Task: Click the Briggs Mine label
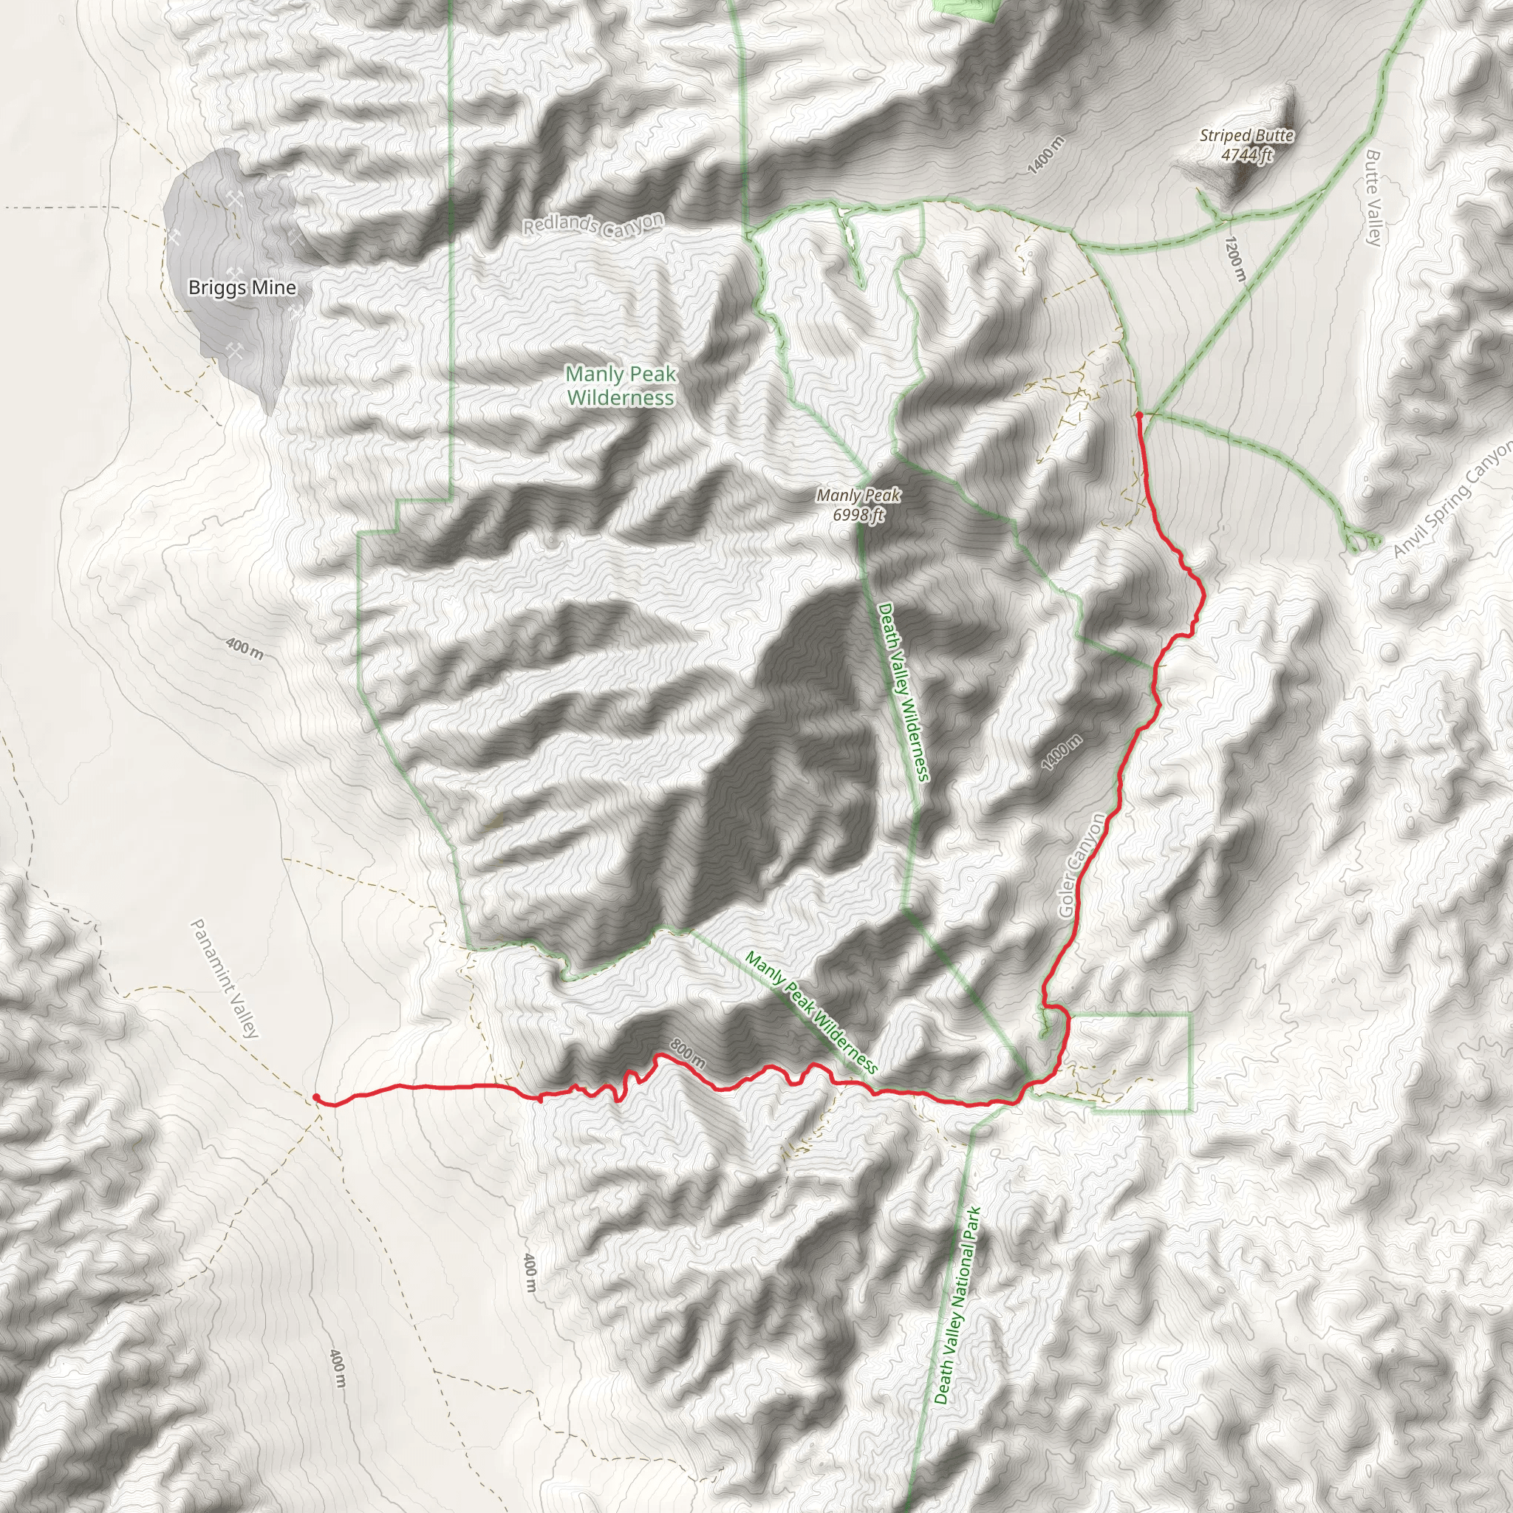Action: [x=242, y=287]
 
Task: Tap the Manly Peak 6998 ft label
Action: [x=858, y=505]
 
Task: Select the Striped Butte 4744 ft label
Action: [x=1246, y=145]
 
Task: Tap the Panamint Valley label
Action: [x=224, y=979]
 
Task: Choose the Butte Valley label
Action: [x=1373, y=197]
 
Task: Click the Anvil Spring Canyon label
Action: [x=1452, y=499]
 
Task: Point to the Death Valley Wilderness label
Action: [x=903, y=691]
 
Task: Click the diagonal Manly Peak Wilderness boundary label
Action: [x=810, y=1012]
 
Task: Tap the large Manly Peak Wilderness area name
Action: [x=621, y=386]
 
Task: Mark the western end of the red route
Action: [x=315, y=1097]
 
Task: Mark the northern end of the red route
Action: [x=1138, y=414]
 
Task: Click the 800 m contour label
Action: [x=688, y=1053]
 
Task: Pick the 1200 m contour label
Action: [x=1234, y=259]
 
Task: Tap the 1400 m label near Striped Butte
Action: [x=1046, y=154]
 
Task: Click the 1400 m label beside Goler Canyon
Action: [x=1062, y=753]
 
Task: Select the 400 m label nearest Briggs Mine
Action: [x=245, y=648]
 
